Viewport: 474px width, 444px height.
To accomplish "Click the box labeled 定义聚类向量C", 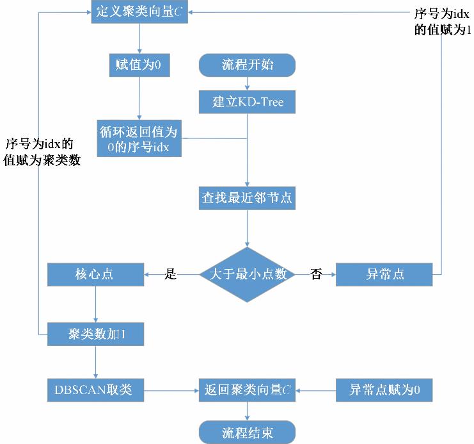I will tap(139, 12).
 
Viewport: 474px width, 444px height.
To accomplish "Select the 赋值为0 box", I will tap(139, 65).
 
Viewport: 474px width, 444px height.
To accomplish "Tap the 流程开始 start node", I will tap(247, 65).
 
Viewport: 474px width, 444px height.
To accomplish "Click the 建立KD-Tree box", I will tap(247, 103).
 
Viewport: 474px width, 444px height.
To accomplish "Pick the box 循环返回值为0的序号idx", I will tap(139, 138).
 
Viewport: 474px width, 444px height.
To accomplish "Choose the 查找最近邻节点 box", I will tap(247, 198).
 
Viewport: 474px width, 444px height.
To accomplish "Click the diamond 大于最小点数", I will tap(247, 275).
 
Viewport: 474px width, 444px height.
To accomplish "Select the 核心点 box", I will tap(95, 275).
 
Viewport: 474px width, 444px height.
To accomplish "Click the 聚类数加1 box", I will tap(95, 334).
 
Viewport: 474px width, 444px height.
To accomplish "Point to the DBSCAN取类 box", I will tap(95, 389).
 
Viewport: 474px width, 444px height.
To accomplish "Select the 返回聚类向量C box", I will tap(247, 389).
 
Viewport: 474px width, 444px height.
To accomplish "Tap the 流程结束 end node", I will tap(247, 432).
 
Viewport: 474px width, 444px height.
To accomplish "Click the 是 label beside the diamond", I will tap(170, 275).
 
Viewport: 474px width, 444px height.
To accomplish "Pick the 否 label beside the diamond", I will tap(316, 275).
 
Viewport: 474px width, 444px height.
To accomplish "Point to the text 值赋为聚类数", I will tap(42, 160).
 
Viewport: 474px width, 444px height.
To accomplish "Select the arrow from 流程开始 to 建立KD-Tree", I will tap(247, 83).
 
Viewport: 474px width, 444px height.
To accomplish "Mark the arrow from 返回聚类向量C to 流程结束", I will tap(247, 411).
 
